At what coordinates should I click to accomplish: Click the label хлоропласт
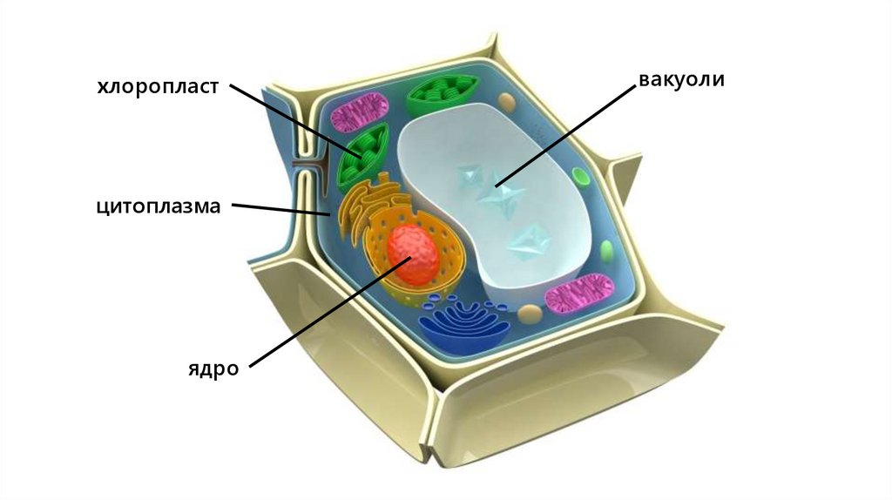tap(157, 88)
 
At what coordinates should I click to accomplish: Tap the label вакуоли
tap(682, 80)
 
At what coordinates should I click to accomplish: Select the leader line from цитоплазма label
tap(279, 209)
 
